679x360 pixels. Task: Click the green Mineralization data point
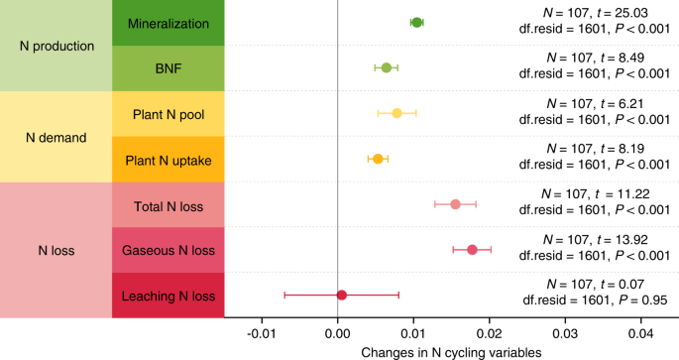416,22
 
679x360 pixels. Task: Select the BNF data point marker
387,67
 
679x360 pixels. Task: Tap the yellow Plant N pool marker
396,113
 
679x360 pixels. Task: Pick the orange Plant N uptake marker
377,159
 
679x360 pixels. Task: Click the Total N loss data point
455,204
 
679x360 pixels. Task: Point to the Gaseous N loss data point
472,250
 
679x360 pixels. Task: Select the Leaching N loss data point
342,295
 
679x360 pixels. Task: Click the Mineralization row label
168,22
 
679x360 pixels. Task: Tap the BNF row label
168,67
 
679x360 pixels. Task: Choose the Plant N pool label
168,113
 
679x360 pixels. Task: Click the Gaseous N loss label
168,250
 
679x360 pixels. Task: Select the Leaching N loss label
168,296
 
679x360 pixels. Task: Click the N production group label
57,46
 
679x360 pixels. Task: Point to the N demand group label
57,137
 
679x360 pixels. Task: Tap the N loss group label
57,250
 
